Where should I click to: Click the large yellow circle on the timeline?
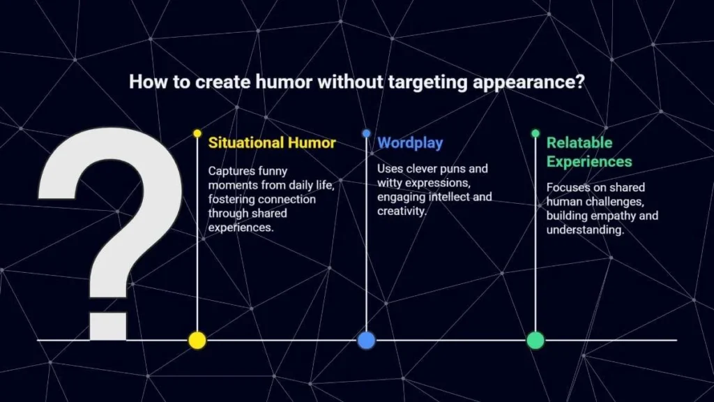click(197, 341)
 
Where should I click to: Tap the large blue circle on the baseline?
click(366, 341)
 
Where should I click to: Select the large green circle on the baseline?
click(535, 341)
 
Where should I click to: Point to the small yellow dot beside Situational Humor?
click(197, 133)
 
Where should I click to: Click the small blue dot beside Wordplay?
click(367, 133)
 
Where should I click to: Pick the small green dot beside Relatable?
click(535, 133)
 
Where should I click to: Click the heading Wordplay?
click(410, 143)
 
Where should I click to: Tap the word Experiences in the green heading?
click(589, 162)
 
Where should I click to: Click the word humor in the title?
click(284, 82)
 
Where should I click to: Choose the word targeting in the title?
click(428, 83)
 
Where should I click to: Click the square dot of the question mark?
click(108, 326)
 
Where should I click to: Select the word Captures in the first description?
click(231, 172)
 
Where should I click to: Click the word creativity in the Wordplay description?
click(401, 211)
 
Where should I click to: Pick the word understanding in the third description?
click(585, 230)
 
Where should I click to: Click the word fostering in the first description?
click(231, 200)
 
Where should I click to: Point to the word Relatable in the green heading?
click(579, 142)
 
